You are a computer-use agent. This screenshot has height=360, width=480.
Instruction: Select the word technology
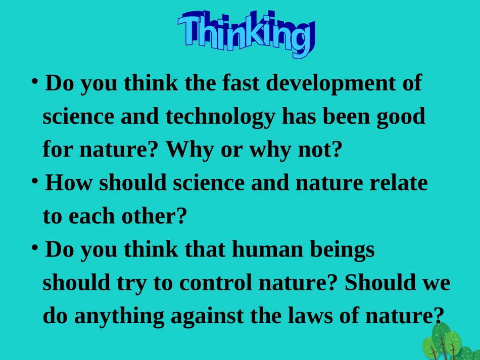(220, 117)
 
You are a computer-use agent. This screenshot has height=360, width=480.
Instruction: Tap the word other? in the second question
(154, 217)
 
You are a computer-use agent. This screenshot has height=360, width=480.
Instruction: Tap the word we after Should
(436, 283)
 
